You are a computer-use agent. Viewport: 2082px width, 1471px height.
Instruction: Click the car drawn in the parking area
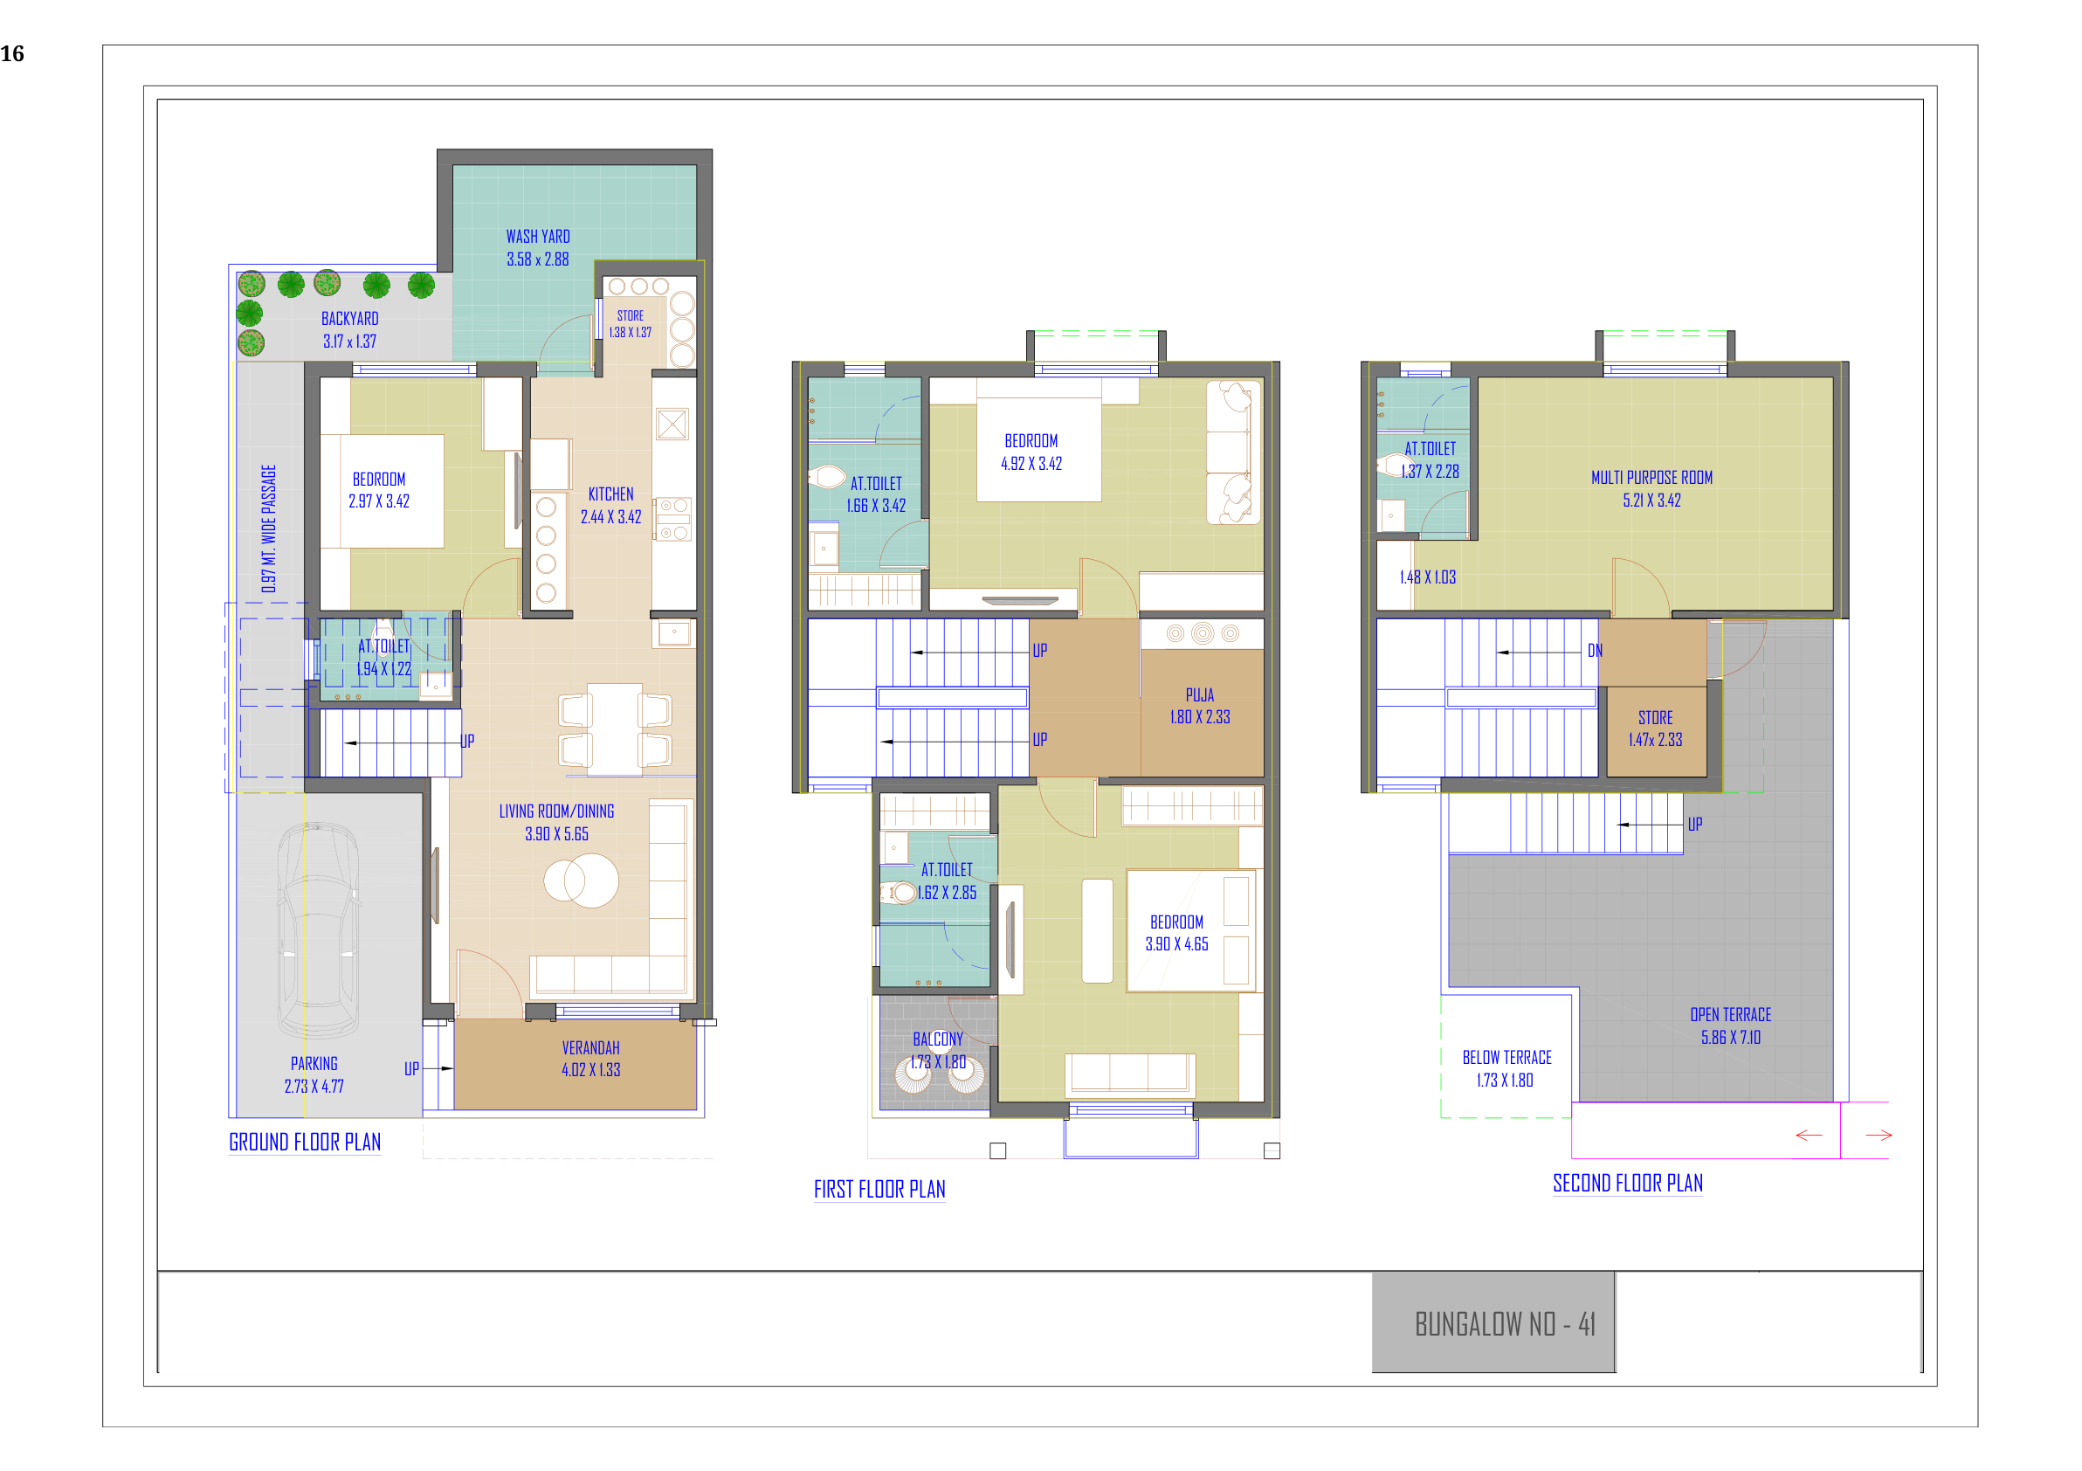(x=317, y=929)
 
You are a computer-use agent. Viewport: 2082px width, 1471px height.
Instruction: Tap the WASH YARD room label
(x=538, y=237)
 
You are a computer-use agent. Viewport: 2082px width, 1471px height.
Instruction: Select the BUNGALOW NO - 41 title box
(x=1493, y=1323)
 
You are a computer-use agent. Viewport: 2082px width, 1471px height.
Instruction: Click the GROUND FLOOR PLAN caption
(x=305, y=1142)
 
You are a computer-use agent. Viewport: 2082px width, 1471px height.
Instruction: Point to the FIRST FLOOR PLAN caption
(x=879, y=1189)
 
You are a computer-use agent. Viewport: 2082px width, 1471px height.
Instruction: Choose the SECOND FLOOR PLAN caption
(x=1628, y=1183)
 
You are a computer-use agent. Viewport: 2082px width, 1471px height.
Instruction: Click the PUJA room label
(x=1200, y=694)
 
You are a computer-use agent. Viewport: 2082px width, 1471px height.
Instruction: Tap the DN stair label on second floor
(x=1595, y=650)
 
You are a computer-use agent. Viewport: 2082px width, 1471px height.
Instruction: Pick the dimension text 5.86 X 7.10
(x=1730, y=1038)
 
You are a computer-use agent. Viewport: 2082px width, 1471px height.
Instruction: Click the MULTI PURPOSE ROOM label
(x=1651, y=477)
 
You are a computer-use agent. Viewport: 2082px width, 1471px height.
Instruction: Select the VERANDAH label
(x=590, y=1047)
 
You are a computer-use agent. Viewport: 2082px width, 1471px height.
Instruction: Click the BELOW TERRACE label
(x=1506, y=1058)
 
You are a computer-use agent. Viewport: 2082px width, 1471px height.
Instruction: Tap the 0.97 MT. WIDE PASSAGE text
(x=268, y=528)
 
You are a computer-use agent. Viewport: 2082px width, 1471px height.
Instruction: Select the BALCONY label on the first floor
(x=938, y=1039)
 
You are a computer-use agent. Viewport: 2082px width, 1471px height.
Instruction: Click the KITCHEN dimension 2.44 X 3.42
(x=610, y=517)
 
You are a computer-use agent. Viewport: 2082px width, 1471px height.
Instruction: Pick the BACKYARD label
(x=350, y=318)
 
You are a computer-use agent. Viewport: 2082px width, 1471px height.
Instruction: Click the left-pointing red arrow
(x=1809, y=1136)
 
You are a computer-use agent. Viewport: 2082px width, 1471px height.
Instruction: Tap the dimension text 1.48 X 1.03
(x=1427, y=577)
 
